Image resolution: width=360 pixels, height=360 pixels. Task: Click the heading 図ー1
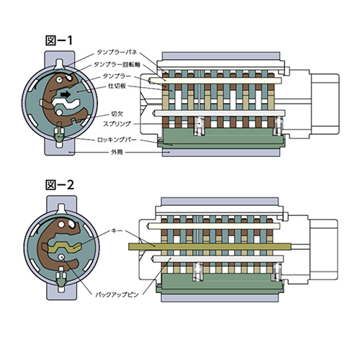point(59,40)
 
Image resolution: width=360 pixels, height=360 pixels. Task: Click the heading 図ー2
point(60,185)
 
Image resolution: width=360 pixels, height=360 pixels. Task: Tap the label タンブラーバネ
point(117,52)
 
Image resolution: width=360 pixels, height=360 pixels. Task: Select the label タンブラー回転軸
point(117,64)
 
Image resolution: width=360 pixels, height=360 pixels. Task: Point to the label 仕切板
point(117,86)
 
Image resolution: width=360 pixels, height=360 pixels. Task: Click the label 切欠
point(117,114)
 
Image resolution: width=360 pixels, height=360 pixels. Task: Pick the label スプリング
point(117,124)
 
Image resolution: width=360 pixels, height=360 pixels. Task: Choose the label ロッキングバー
point(117,140)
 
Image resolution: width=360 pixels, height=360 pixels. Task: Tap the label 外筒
point(117,152)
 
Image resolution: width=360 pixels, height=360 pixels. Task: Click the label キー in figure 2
point(117,231)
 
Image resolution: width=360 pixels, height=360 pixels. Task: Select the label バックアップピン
point(117,294)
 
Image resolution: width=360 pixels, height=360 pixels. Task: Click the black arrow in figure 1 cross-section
point(66,94)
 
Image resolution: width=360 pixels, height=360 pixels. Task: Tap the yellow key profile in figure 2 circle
point(64,247)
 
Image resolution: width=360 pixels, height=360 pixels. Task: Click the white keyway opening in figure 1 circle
point(66,104)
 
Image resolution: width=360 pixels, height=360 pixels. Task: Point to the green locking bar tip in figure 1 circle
point(59,137)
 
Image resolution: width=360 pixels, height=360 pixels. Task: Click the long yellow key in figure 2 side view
point(210,246)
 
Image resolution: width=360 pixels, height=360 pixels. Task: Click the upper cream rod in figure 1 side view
point(215,81)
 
